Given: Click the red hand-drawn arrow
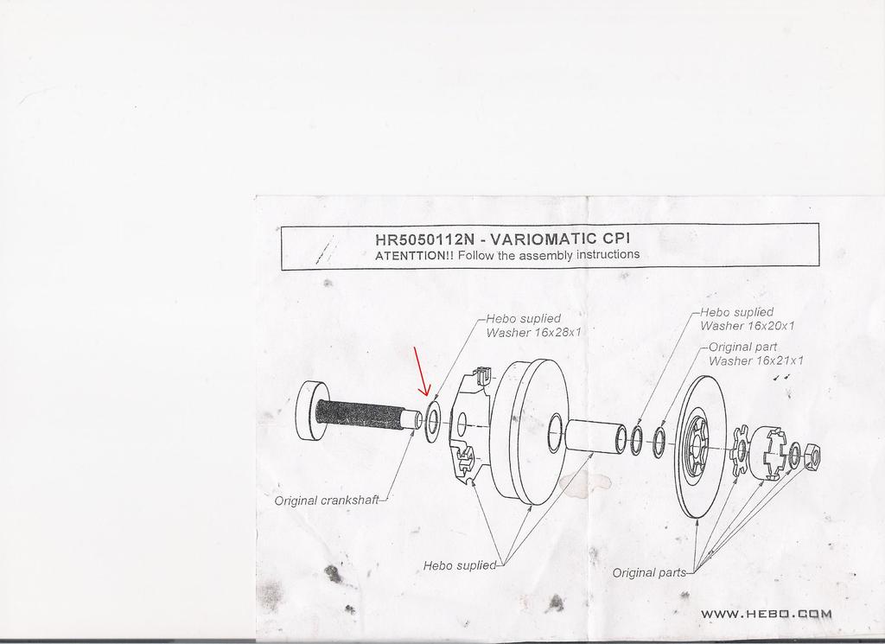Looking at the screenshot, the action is point(422,372).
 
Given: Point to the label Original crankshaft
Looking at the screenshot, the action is point(327,501).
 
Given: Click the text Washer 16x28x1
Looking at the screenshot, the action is point(533,333).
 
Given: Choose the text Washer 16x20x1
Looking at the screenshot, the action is point(748,326).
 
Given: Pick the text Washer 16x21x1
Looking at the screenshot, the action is point(755,360).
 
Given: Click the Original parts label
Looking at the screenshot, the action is point(649,573).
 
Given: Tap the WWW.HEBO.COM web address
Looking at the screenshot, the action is point(766,614).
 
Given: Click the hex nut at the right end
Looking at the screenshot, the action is point(811,455).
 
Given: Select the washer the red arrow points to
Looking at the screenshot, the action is point(432,421).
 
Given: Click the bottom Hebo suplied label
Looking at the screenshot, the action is point(460,565).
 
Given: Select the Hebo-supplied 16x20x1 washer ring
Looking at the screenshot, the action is point(635,438).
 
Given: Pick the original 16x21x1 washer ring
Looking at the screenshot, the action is point(659,442).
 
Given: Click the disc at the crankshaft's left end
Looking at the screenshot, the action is point(311,411).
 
